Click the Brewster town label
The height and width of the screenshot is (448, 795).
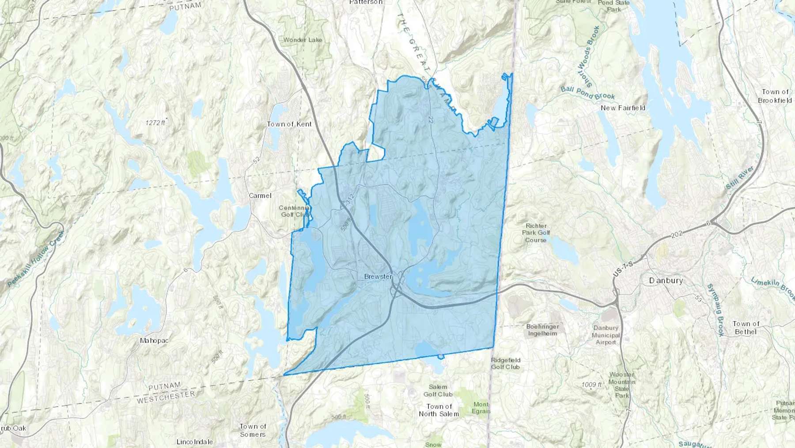pos(378,276)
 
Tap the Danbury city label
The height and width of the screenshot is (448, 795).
pos(666,280)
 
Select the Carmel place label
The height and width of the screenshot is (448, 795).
pos(260,195)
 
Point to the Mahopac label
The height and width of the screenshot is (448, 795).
pos(154,341)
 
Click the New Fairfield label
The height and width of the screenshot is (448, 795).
pos(623,108)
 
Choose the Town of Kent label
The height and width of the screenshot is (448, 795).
pos(289,124)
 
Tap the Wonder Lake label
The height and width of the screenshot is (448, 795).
pos(303,40)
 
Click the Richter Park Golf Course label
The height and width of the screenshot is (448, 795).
pos(536,233)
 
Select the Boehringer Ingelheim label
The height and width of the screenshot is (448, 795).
pos(542,330)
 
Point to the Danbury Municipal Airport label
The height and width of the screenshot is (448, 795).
pos(606,335)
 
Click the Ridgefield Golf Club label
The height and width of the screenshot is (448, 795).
pos(506,364)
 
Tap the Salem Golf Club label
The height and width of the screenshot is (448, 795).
pos(438,391)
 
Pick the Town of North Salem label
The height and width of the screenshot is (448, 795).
pos(439,410)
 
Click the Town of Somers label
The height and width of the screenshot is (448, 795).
pos(253,430)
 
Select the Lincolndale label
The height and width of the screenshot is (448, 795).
pos(194,442)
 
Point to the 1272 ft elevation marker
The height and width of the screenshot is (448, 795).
pos(155,123)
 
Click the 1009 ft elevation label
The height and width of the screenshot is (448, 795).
pos(591,385)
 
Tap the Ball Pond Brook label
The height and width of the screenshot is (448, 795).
pos(587,93)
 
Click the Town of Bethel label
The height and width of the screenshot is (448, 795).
pos(746,328)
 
